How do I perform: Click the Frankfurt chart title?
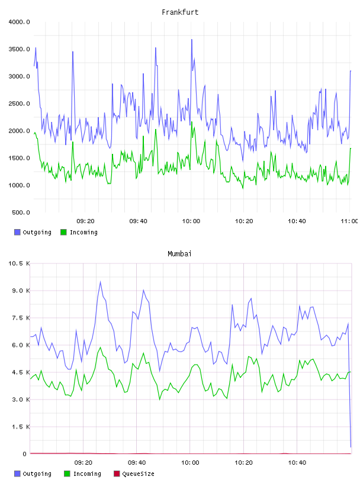tap(180, 12)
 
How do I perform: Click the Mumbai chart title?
tap(179, 254)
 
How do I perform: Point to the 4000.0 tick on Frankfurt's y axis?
tap(20, 22)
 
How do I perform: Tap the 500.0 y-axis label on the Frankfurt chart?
tap(21, 212)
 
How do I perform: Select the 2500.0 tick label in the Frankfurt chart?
tap(20, 104)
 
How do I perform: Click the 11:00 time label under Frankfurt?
tap(349, 221)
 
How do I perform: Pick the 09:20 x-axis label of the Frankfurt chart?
tap(85, 221)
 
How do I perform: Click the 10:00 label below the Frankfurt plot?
tap(191, 221)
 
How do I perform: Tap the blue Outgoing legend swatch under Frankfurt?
tap(17, 232)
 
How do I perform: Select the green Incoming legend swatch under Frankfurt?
tap(63, 232)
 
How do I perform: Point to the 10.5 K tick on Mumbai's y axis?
tap(20, 263)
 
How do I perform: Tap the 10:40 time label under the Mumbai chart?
tap(297, 463)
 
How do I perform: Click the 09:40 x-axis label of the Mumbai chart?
tap(137, 463)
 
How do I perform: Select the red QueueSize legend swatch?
tap(117, 474)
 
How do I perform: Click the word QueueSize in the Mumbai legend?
tap(138, 474)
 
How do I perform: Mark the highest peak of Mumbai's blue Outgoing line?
tap(100, 282)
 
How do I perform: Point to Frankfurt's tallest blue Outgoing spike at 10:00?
tap(192, 40)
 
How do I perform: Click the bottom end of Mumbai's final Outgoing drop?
tap(351, 447)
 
